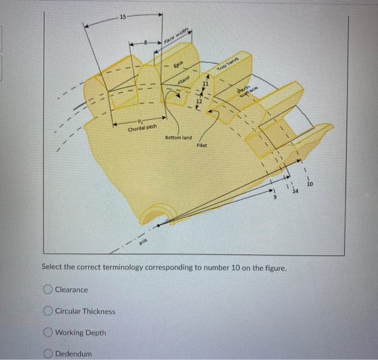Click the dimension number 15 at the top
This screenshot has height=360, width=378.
click(x=123, y=17)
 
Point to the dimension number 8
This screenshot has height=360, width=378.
click(x=144, y=41)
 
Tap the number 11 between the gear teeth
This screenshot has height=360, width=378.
click(x=205, y=83)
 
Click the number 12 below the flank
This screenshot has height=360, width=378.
click(x=199, y=101)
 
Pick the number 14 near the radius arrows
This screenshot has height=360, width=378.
click(x=295, y=191)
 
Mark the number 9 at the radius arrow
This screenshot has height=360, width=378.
click(x=274, y=198)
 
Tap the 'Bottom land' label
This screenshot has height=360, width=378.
click(x=179, y=138)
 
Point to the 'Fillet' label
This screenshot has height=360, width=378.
click(x=202, y=145)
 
